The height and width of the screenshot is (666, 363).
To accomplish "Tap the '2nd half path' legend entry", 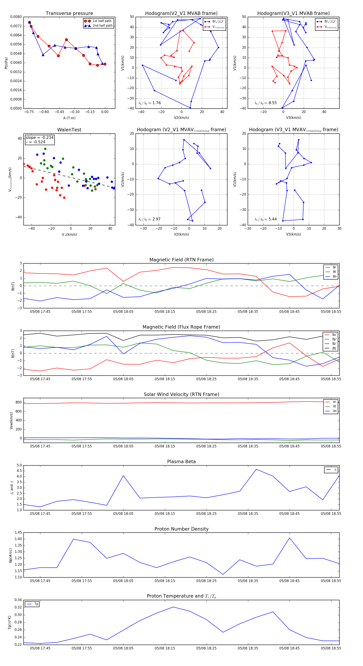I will [102, 26].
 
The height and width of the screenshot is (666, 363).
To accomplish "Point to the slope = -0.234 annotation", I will [40, 138].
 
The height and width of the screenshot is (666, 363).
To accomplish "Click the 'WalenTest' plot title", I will [69, 130].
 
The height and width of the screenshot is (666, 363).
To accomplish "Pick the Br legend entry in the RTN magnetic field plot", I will [334, 267].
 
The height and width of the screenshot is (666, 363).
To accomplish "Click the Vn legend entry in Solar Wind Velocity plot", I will [334, 411].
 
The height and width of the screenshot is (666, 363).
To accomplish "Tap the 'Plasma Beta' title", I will [181, 462].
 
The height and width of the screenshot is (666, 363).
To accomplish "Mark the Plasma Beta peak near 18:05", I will [123, 475].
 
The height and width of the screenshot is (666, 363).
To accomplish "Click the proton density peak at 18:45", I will [289, 538].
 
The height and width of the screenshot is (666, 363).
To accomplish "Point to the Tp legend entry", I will [36, 604].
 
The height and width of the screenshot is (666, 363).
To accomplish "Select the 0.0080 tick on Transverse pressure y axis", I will [16, 17].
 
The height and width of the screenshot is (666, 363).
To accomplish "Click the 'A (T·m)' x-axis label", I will [69, 118].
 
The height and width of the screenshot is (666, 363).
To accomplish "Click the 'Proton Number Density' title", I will [181, 529].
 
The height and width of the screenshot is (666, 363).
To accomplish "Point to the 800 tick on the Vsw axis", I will [19, 402].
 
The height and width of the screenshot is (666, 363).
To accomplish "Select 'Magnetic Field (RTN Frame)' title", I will [181, 260].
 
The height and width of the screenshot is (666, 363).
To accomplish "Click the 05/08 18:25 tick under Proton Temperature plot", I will [206, 648].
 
